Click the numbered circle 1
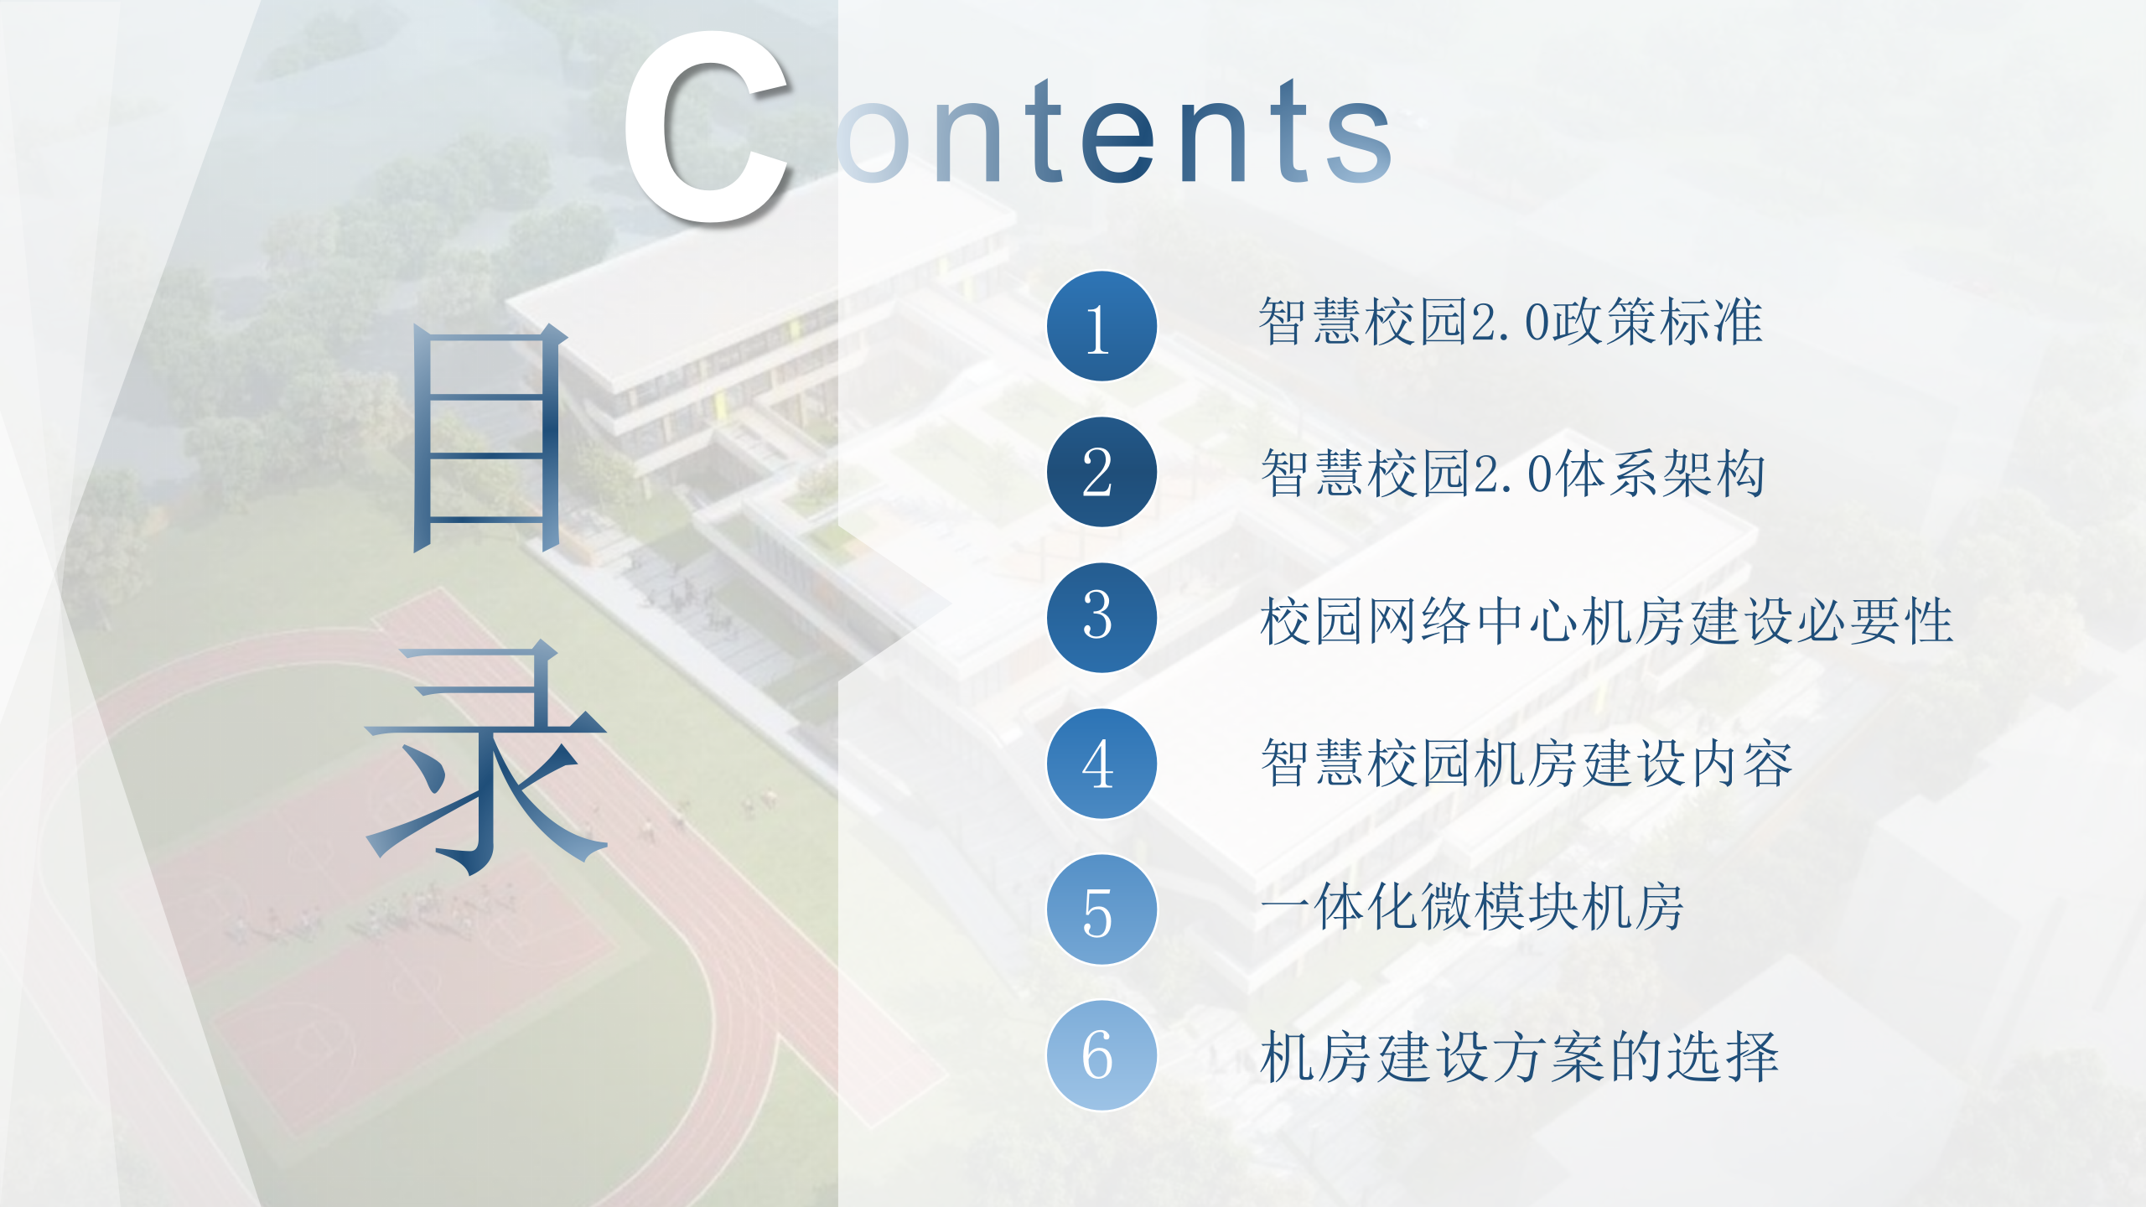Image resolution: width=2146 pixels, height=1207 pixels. [1102, 326]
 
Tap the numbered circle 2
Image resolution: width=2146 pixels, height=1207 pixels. [1102, 472]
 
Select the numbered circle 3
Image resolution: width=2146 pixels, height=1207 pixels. [1102, 618]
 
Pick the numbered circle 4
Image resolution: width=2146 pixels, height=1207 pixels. [1102, 764]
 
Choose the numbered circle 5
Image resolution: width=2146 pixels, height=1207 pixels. [1102, 909]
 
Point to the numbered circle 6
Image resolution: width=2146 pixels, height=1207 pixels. [1102, 1055]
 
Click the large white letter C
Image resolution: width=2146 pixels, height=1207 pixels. [708, 127]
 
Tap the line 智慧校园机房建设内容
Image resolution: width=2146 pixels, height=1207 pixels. [1527, 764]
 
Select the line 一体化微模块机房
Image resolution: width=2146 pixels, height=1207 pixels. [1472, 908]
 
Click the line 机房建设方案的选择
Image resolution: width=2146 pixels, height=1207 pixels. [1519, 1057]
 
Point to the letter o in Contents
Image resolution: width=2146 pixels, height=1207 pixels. [873, 142]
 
